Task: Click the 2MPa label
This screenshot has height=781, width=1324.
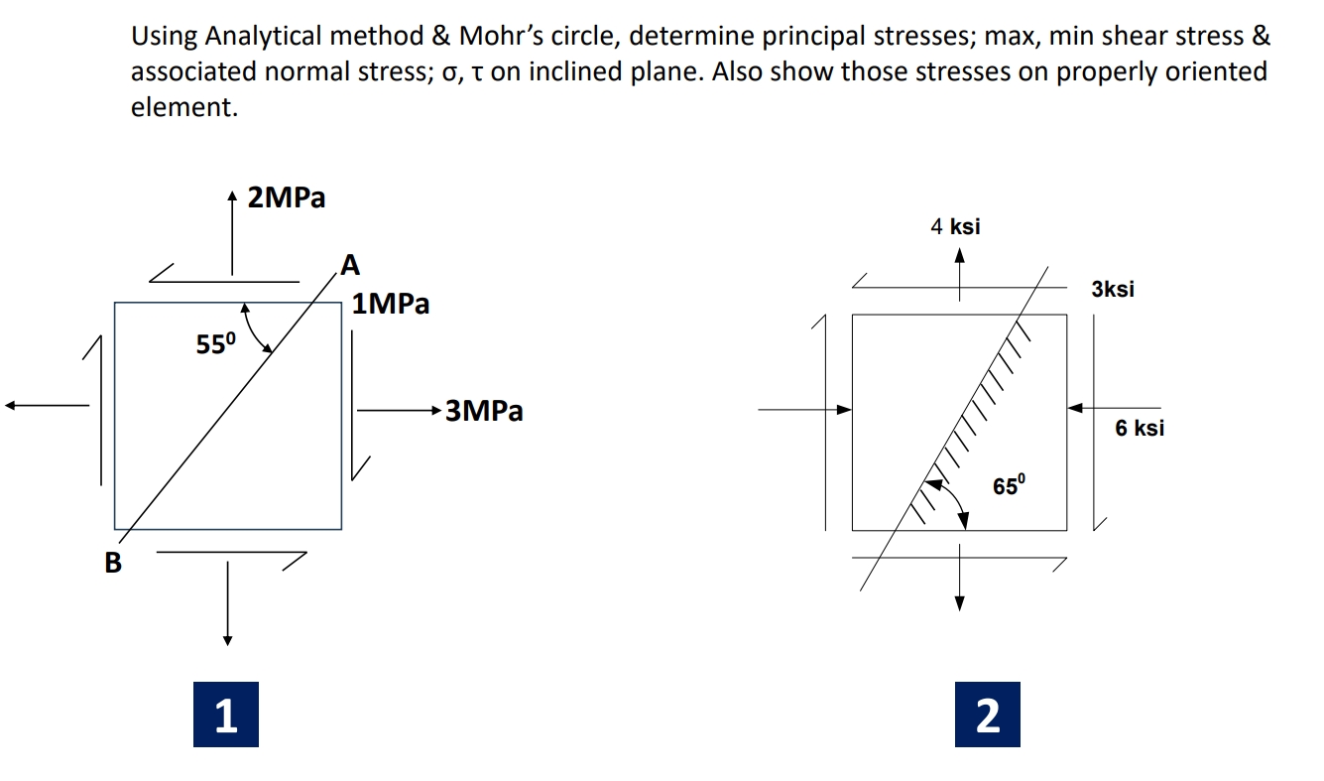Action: click(286, 198)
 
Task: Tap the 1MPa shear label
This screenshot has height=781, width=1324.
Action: click(391, 304)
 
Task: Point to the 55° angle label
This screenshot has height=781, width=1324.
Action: click(216, 345)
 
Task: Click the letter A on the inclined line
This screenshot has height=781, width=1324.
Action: click(350, 265)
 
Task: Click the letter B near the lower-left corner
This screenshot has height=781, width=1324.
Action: click(113, 564)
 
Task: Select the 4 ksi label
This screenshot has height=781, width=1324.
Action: click(955, 226)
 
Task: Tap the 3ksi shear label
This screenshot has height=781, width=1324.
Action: click(1113, 290)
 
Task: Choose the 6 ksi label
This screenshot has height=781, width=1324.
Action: click(1140, 429)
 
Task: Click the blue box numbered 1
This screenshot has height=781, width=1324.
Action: click(226, 715)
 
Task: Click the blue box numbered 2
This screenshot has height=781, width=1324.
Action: click(987, 715)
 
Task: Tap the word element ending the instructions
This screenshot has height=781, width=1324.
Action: click(183, 108)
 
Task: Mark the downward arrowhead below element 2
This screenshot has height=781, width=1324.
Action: click(959, 605)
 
